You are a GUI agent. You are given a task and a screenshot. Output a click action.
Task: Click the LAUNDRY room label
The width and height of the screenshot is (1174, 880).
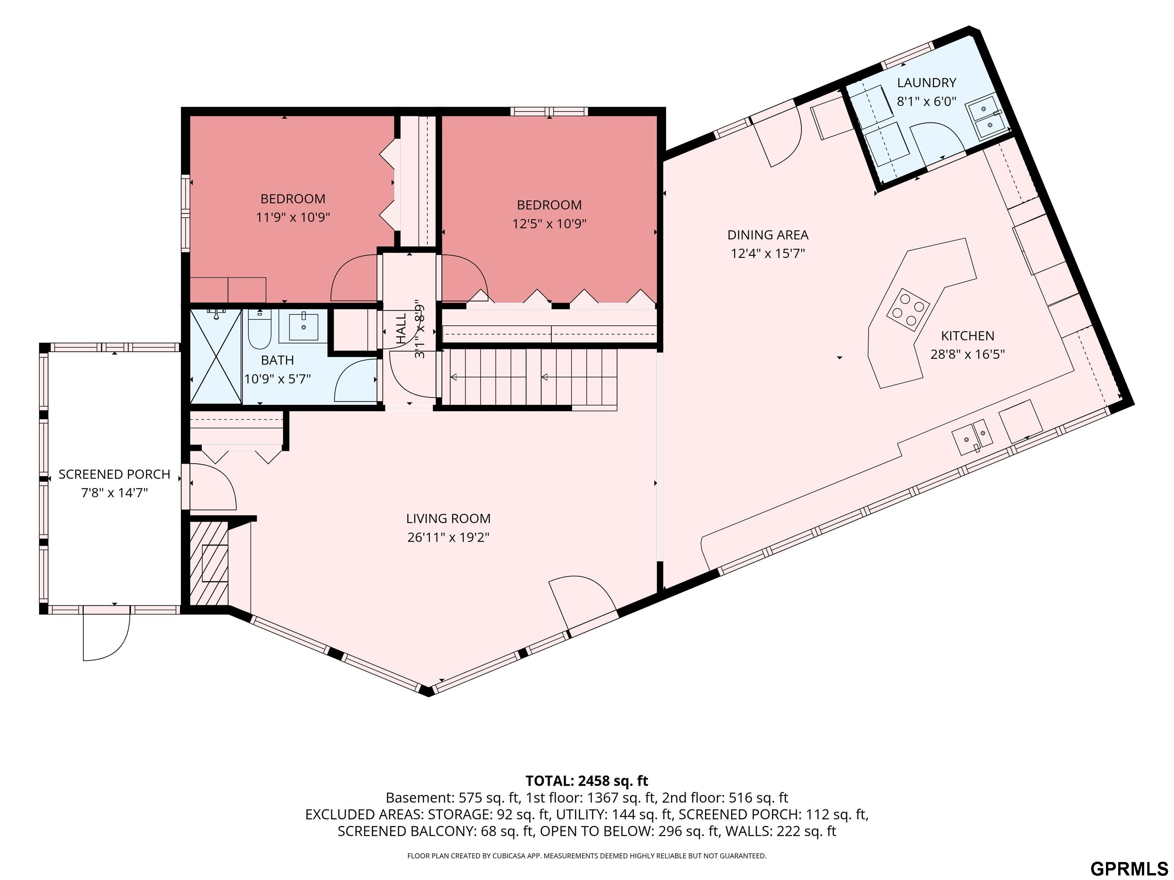[x=926, y=83]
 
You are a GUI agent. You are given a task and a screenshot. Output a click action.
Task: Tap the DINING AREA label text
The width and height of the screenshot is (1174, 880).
[x=767, y=235]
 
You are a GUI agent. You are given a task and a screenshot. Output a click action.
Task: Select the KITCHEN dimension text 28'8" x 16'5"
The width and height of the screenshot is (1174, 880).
[x=968, y=354]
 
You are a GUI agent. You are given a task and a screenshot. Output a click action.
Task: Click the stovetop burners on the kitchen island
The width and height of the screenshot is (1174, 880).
[x=908, y=309]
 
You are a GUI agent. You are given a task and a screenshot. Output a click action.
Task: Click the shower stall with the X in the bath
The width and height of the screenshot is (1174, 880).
[x=216, y=356]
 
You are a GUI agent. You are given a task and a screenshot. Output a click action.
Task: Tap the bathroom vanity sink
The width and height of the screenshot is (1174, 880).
[x=303, y=327]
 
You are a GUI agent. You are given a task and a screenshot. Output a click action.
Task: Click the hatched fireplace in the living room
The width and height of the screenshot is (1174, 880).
[x=209, y=563]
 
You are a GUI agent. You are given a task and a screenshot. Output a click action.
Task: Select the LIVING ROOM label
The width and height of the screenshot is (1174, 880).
[x=448, y=519]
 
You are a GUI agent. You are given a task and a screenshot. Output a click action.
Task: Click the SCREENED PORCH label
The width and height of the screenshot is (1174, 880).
[x=114, y=474]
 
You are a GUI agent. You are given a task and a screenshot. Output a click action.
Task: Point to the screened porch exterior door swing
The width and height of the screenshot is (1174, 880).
[x=106, y=637]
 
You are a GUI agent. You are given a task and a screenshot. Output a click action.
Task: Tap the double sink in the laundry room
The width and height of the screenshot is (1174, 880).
[x=988, y=117]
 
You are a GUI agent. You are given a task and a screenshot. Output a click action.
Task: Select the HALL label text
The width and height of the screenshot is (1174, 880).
[x=401, y=327]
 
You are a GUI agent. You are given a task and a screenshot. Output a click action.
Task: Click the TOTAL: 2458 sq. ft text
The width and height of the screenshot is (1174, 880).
[x=587, y=781]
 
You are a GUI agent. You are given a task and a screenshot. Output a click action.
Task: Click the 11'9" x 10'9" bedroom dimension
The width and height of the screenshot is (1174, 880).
[x=293, y=217]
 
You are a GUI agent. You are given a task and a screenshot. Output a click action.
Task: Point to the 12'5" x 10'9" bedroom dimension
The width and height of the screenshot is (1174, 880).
[x=549, y=224]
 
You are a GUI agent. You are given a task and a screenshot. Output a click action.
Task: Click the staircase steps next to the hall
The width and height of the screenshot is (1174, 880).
[x=531, y=378]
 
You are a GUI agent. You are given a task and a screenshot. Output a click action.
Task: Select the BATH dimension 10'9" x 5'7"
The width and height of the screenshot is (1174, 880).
[x=277, y=379]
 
